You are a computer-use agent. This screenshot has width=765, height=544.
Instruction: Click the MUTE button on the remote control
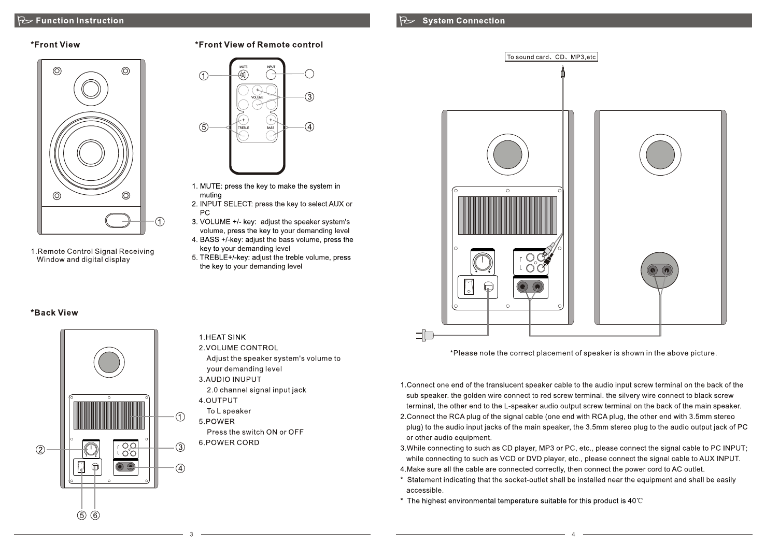[x=243, y=75]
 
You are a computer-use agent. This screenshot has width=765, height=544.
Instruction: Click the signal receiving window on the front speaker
[x=118, y=220]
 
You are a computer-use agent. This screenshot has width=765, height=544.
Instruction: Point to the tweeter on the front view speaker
[x=91, y=88]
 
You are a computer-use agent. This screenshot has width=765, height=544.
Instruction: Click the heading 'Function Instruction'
[x=80, y=21]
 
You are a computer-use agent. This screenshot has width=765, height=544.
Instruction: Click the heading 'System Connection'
[x=463, y=21]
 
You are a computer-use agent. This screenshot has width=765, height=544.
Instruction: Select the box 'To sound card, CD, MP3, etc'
[x=551, y=57]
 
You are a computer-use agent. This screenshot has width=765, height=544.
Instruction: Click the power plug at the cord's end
[x=424, y=335]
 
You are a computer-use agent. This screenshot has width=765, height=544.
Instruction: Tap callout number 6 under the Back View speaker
[x=95, y=515]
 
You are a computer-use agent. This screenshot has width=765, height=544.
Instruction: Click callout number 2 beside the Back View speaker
[x=40, y=450]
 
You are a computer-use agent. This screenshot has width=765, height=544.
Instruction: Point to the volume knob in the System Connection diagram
[x=483, y=262]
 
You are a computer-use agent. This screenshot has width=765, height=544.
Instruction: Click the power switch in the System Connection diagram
[x=469, y=286]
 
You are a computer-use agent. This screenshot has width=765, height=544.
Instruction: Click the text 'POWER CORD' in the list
[x=232, y=443]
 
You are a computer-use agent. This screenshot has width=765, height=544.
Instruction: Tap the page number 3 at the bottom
[x=191, y=534]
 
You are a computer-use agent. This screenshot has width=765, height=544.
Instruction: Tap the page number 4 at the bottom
[x=573, y=534]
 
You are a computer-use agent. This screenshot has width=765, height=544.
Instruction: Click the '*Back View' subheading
[x=54, y=313]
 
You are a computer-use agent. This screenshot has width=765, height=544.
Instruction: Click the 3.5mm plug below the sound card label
[x=563, y=73]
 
